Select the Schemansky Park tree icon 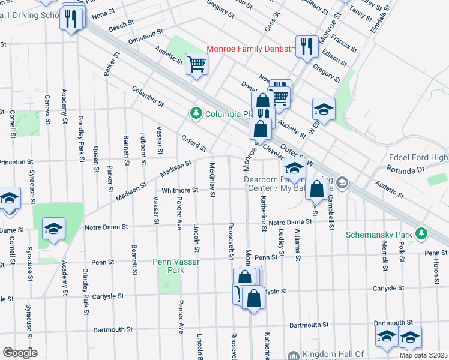point(421,233)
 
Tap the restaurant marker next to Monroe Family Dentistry point(307,46)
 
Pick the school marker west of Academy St point(53,229)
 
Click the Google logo point(20,353)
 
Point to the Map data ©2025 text point(423,355)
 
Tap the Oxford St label point(194,143)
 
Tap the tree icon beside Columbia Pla point(195,113)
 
